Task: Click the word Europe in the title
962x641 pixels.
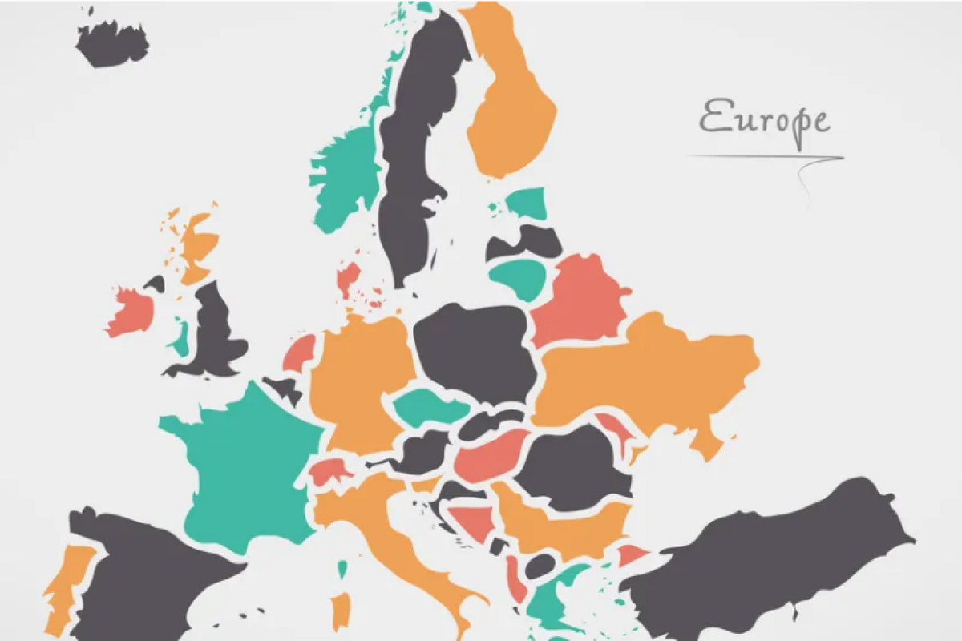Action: (x=764, y=119)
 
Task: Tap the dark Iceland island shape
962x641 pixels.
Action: (x=111, y=44)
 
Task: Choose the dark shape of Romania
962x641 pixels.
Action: (x=573, y=465)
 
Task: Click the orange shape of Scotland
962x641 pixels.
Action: (x=196, y=244)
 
